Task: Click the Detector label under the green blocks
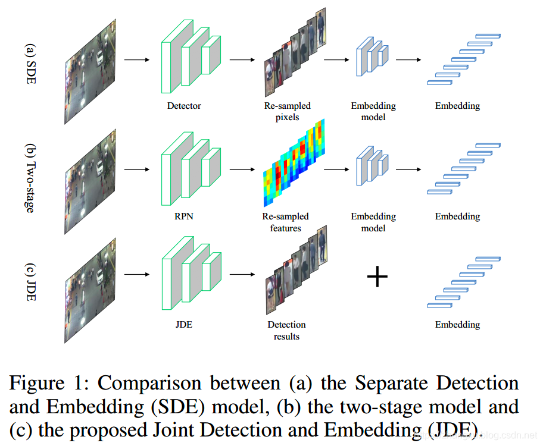click(184, 106)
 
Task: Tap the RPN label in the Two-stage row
click(184, 216)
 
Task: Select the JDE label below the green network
click(184, 325)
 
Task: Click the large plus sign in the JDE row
click(377, 277)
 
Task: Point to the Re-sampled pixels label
click(288, 111)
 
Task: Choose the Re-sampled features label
click(286, 222)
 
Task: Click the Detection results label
click(287, 330)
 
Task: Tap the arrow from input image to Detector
click(136, 59)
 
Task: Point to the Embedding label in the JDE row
click(457, 325)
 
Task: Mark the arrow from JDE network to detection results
click(242, 275)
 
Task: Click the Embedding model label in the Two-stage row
click(373, 222)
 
